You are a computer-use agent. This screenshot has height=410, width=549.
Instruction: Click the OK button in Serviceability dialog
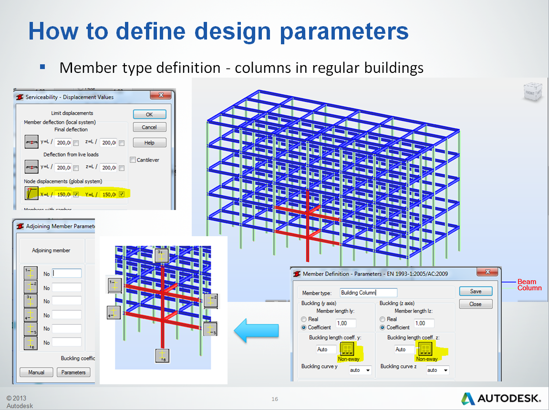pos(149,114)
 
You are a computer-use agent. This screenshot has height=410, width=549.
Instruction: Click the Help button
pos(149,143)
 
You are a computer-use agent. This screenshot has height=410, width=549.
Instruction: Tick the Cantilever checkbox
pos(133,160)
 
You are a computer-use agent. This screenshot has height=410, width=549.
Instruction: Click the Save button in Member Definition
pos(475,291)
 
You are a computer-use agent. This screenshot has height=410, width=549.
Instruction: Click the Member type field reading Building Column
pos(368,292)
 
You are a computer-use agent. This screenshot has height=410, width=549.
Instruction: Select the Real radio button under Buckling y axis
pos(304,319)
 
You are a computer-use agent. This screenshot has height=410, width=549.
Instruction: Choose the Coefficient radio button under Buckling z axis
pos(383,328)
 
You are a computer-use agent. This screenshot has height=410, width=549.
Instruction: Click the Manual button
pos(36,372)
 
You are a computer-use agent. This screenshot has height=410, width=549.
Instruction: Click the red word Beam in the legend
pos(527,282)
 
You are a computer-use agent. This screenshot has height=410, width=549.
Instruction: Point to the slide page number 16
pos(275,399)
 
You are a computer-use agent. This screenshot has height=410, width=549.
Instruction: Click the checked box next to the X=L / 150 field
pos(76,194)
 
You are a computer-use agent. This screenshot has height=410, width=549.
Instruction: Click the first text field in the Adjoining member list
pos(67,273)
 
